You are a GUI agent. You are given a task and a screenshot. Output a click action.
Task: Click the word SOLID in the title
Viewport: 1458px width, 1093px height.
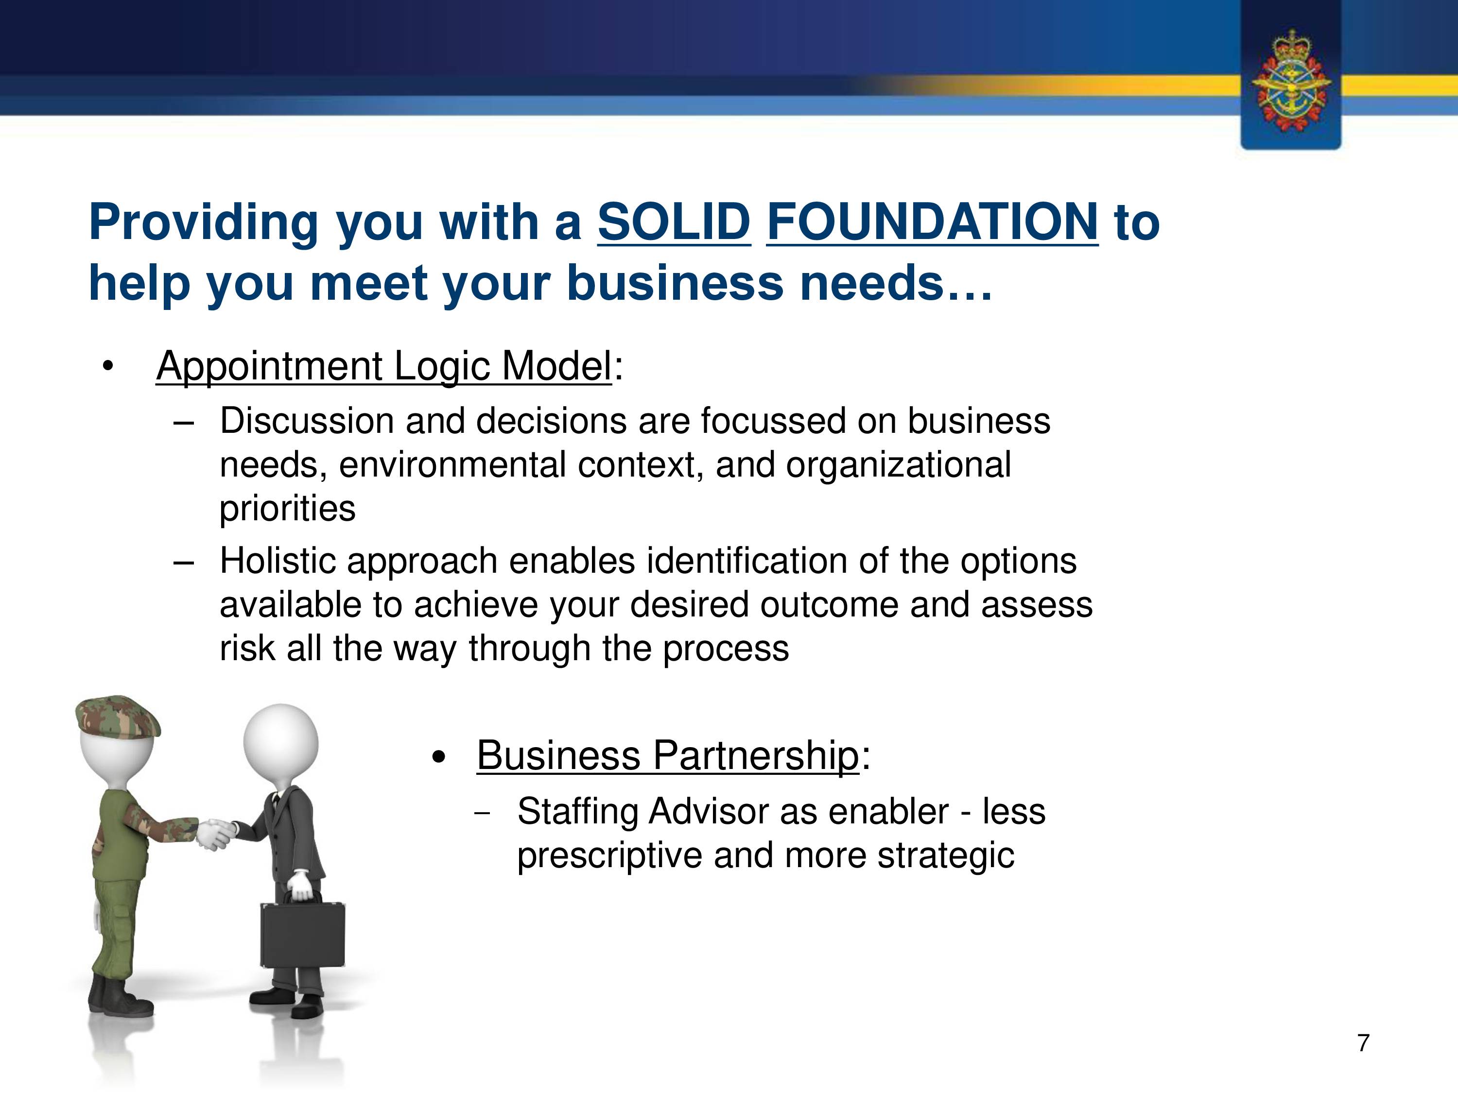(x=674, y=222)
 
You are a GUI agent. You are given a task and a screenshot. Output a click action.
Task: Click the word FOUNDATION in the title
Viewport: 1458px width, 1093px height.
(x=932, y=222)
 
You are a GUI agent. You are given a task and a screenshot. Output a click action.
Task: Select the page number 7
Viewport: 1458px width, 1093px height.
(x=1364, y=1043)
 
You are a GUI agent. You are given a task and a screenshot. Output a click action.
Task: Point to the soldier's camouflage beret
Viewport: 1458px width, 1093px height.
(x=117, y=716)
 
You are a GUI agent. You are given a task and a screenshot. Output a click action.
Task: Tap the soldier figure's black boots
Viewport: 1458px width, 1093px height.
(x=120, y=997)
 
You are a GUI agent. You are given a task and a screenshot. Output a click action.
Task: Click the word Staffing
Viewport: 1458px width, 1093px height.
(x=577, y=812)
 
